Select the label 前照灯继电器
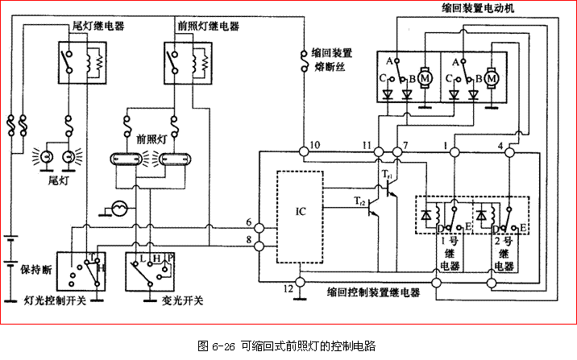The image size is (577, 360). pyautogui.click(x=209, y=25)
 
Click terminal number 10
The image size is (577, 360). pyautogui.click(x=314, y=144)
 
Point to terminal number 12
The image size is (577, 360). pyautogui.click(x=288, y=288)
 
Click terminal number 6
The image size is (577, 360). pyautogui.click(x=250, y=222)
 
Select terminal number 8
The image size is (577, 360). pyautogui.click(x=250, y=239)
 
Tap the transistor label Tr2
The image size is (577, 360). pyautogui.click(x=359, y=203)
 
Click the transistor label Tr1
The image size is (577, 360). pyautogui.click(x=386, y=174)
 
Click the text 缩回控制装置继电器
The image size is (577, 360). pyautogui.click(x=376, y=293)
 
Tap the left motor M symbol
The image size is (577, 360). pyautogui.click(x=426, y=78)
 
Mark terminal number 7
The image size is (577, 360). pyautogui.click(x=405, y=144)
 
